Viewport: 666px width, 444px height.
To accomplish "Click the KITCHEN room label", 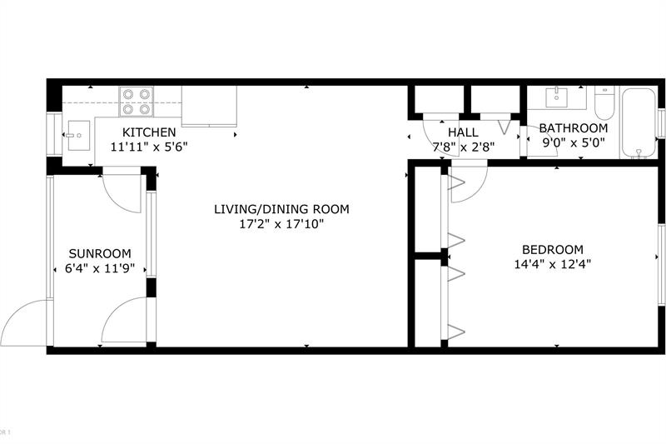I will [x=149, y=132].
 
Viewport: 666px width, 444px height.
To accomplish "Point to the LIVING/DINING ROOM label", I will [x=281, y=209].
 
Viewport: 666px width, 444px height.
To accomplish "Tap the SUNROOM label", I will [x=100, y=254].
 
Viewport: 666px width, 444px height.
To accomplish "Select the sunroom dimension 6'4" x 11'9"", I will [x=100, y=268].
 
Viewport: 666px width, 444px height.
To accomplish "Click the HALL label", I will [x=463, y=132].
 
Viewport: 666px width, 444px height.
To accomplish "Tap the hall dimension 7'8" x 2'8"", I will [x=463, y=147].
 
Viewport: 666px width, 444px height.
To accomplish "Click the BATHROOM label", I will [x=573, y=128].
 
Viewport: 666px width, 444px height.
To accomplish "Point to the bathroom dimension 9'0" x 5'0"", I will [x=573, y=142].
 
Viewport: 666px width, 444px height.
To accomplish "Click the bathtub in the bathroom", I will [x=639, y=122].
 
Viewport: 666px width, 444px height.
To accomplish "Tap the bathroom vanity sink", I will [x=555, y=97].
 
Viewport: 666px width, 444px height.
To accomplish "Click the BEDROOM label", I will [x=553, y=250].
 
